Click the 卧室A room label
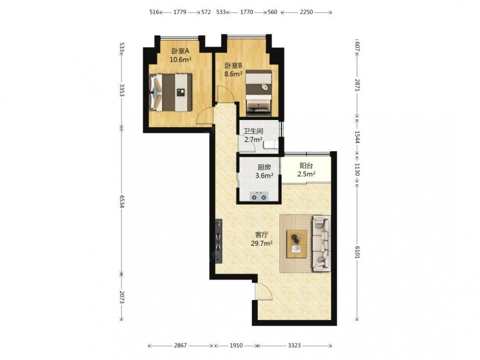coord(180,51)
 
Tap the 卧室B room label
coord(234,65)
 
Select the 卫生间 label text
coord(253,132)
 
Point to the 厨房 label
coord(264,167)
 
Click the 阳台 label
coord(306,166)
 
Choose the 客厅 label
coord(262,235)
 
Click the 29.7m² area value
coord(262,244)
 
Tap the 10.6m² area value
coord(180,60)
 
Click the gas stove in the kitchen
coord(259,196)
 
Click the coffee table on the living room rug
coord(297,244)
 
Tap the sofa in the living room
coord(322,243)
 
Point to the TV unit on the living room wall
coord(218,241)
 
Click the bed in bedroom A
coord(170,93)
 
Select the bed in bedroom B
coord(259,93)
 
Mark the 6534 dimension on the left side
coord(121,201)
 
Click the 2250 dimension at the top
coord(306,12)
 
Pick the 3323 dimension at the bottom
coord(294,346)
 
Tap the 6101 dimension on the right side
coord(357,252)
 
